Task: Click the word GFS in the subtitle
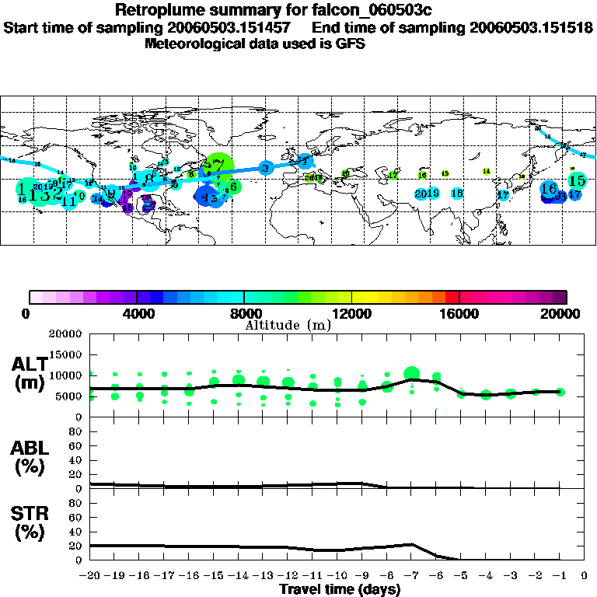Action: point(351,44)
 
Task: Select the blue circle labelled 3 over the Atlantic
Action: point(265,168)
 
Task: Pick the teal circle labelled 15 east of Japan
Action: point(577,181)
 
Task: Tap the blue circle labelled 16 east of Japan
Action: point(549,188)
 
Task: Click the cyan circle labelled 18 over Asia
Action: point(457,193)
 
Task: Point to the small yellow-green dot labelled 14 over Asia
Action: point(487,171)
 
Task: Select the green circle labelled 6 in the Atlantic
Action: point(232,187)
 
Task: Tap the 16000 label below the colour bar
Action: point(459,314)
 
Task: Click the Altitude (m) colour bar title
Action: point(288,325)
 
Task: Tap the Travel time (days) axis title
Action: point(339,590)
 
